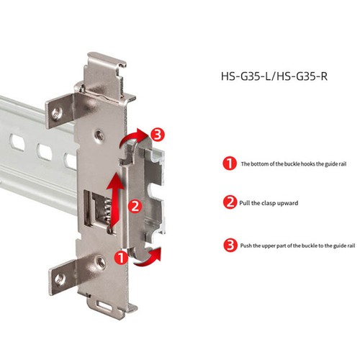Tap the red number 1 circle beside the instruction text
click(x=229, y=164)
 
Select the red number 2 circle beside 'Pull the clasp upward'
click(x=229, y=203)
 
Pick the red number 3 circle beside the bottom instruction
click(x=229, y=245)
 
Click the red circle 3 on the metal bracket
click(x=158, y=134)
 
